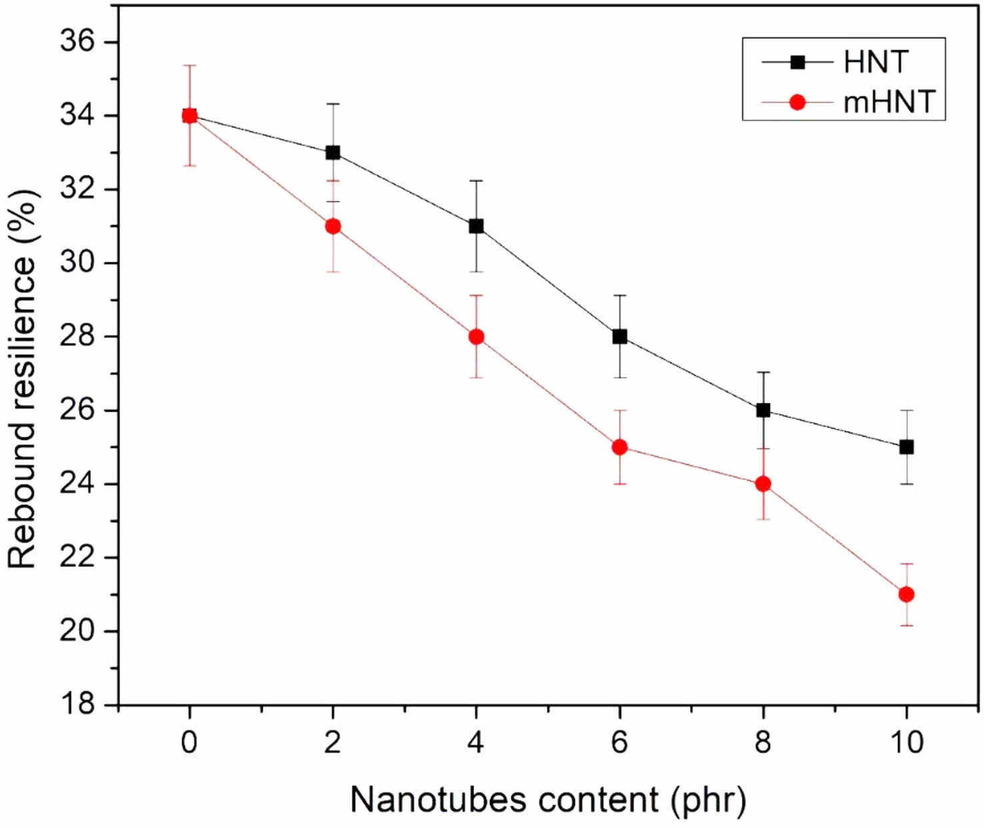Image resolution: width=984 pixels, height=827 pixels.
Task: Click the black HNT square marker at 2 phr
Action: point(333,153)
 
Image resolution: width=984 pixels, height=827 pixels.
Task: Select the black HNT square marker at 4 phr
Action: point(476,226)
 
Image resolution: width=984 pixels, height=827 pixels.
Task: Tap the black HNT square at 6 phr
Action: point(620,337)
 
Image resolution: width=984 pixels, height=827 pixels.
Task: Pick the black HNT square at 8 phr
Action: point(763,410)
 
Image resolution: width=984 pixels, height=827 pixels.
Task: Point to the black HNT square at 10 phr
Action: point(907,447)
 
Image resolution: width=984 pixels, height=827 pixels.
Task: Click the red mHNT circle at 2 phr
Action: point(333,226)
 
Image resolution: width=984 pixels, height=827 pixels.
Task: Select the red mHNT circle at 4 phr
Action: point(476,337)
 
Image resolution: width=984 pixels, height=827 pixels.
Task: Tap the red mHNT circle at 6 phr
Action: point(620,447)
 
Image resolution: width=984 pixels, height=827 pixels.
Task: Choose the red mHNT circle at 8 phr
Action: point(763,484)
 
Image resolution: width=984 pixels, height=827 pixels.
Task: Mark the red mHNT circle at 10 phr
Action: point(907,594)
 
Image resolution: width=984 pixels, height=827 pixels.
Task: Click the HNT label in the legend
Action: point(875,63)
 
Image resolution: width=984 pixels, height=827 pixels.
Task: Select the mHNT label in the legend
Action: point(889,103)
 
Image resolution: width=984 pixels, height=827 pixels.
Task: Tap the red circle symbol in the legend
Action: point(797,103)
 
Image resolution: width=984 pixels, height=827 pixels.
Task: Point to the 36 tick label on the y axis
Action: point(77,42)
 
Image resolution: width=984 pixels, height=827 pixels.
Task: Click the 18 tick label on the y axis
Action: point(77,704)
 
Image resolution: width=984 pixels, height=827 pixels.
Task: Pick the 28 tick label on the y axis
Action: point(77,337)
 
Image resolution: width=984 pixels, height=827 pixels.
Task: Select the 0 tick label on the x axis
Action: point(189,742)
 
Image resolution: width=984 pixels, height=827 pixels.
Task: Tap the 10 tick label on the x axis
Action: point(907,742)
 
